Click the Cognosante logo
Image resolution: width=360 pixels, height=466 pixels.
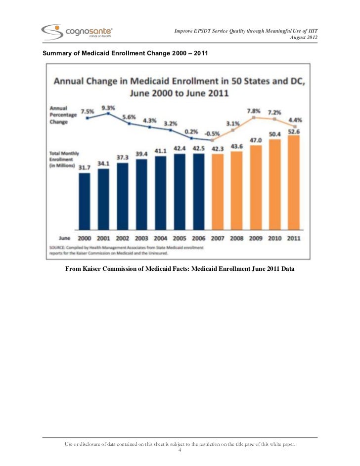[77, 32]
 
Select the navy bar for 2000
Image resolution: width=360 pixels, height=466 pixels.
[85, 201]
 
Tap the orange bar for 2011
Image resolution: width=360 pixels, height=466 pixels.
[294, 182]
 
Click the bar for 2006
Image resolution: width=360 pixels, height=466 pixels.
[199, 192]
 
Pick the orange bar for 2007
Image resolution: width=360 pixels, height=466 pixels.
[218, 192]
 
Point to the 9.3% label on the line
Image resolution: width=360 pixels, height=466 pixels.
[108, 108]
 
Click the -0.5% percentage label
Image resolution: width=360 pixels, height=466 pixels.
[212, 134]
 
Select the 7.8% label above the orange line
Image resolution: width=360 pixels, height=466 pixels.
[254, 111]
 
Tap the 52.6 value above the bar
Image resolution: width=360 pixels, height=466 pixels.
[294, 131]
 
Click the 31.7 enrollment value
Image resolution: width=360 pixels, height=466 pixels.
[85, 168]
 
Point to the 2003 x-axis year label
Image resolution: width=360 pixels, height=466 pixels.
[141, 238]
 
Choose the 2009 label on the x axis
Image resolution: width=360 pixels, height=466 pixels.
[256, 238]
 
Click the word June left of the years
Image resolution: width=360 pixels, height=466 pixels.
[64, 238]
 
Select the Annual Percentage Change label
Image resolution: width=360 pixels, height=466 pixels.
[63, 115]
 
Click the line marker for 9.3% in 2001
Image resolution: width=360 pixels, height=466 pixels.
[108, 113]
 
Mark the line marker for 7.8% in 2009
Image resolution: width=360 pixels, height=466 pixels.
[254, 118]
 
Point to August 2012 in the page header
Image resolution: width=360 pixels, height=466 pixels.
[304, 38]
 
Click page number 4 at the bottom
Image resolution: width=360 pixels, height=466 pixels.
[180, 450]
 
